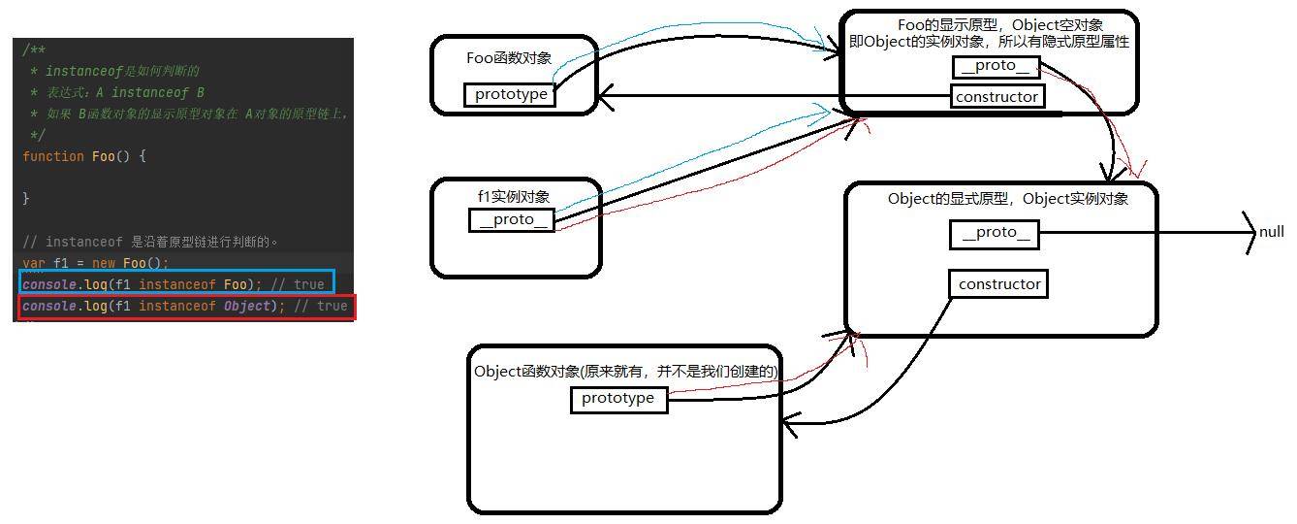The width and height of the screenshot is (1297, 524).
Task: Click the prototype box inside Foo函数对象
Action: click(x=510, y=94)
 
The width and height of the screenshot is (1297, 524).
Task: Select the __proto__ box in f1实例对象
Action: click(x=512, y=220)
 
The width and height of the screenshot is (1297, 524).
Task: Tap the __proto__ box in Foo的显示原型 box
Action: click(x=996, y=67)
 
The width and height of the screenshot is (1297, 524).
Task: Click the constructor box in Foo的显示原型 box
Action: click(x=997, y=97)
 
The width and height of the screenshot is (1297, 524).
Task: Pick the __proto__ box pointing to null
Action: click(x=995, y=234)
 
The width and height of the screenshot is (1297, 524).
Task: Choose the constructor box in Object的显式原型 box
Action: click(x=998, y=284)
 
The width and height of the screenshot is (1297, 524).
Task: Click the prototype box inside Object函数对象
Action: click(x=618, y=400)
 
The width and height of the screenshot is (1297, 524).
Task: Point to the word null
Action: click(x=1271, y=232)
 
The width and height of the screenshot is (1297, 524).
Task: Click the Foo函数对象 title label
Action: click(x=509, y=58)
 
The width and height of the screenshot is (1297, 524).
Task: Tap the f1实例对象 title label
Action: click(x=514, y=196)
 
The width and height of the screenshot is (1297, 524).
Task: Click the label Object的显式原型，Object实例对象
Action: click(x=1008, y=199)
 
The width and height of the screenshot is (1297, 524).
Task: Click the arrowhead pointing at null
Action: click(x=1250, y=233)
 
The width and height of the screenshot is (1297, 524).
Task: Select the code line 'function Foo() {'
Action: click(x=84, y=156)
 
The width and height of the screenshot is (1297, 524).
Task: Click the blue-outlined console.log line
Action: click(x=177, y=284)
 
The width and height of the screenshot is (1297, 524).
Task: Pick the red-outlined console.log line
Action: click(x=186, y=307)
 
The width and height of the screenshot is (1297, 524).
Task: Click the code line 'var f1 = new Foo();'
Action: click(x=96, y=263)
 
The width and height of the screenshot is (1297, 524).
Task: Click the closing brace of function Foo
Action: click(x=25, y=199)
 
